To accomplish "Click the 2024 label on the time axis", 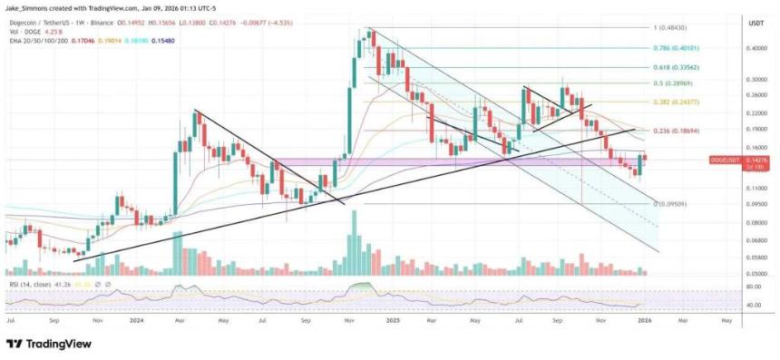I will [x=138, y=320].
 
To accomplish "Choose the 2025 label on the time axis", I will [x=394, y=320].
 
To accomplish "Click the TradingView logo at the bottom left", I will [x=45, y=344].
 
